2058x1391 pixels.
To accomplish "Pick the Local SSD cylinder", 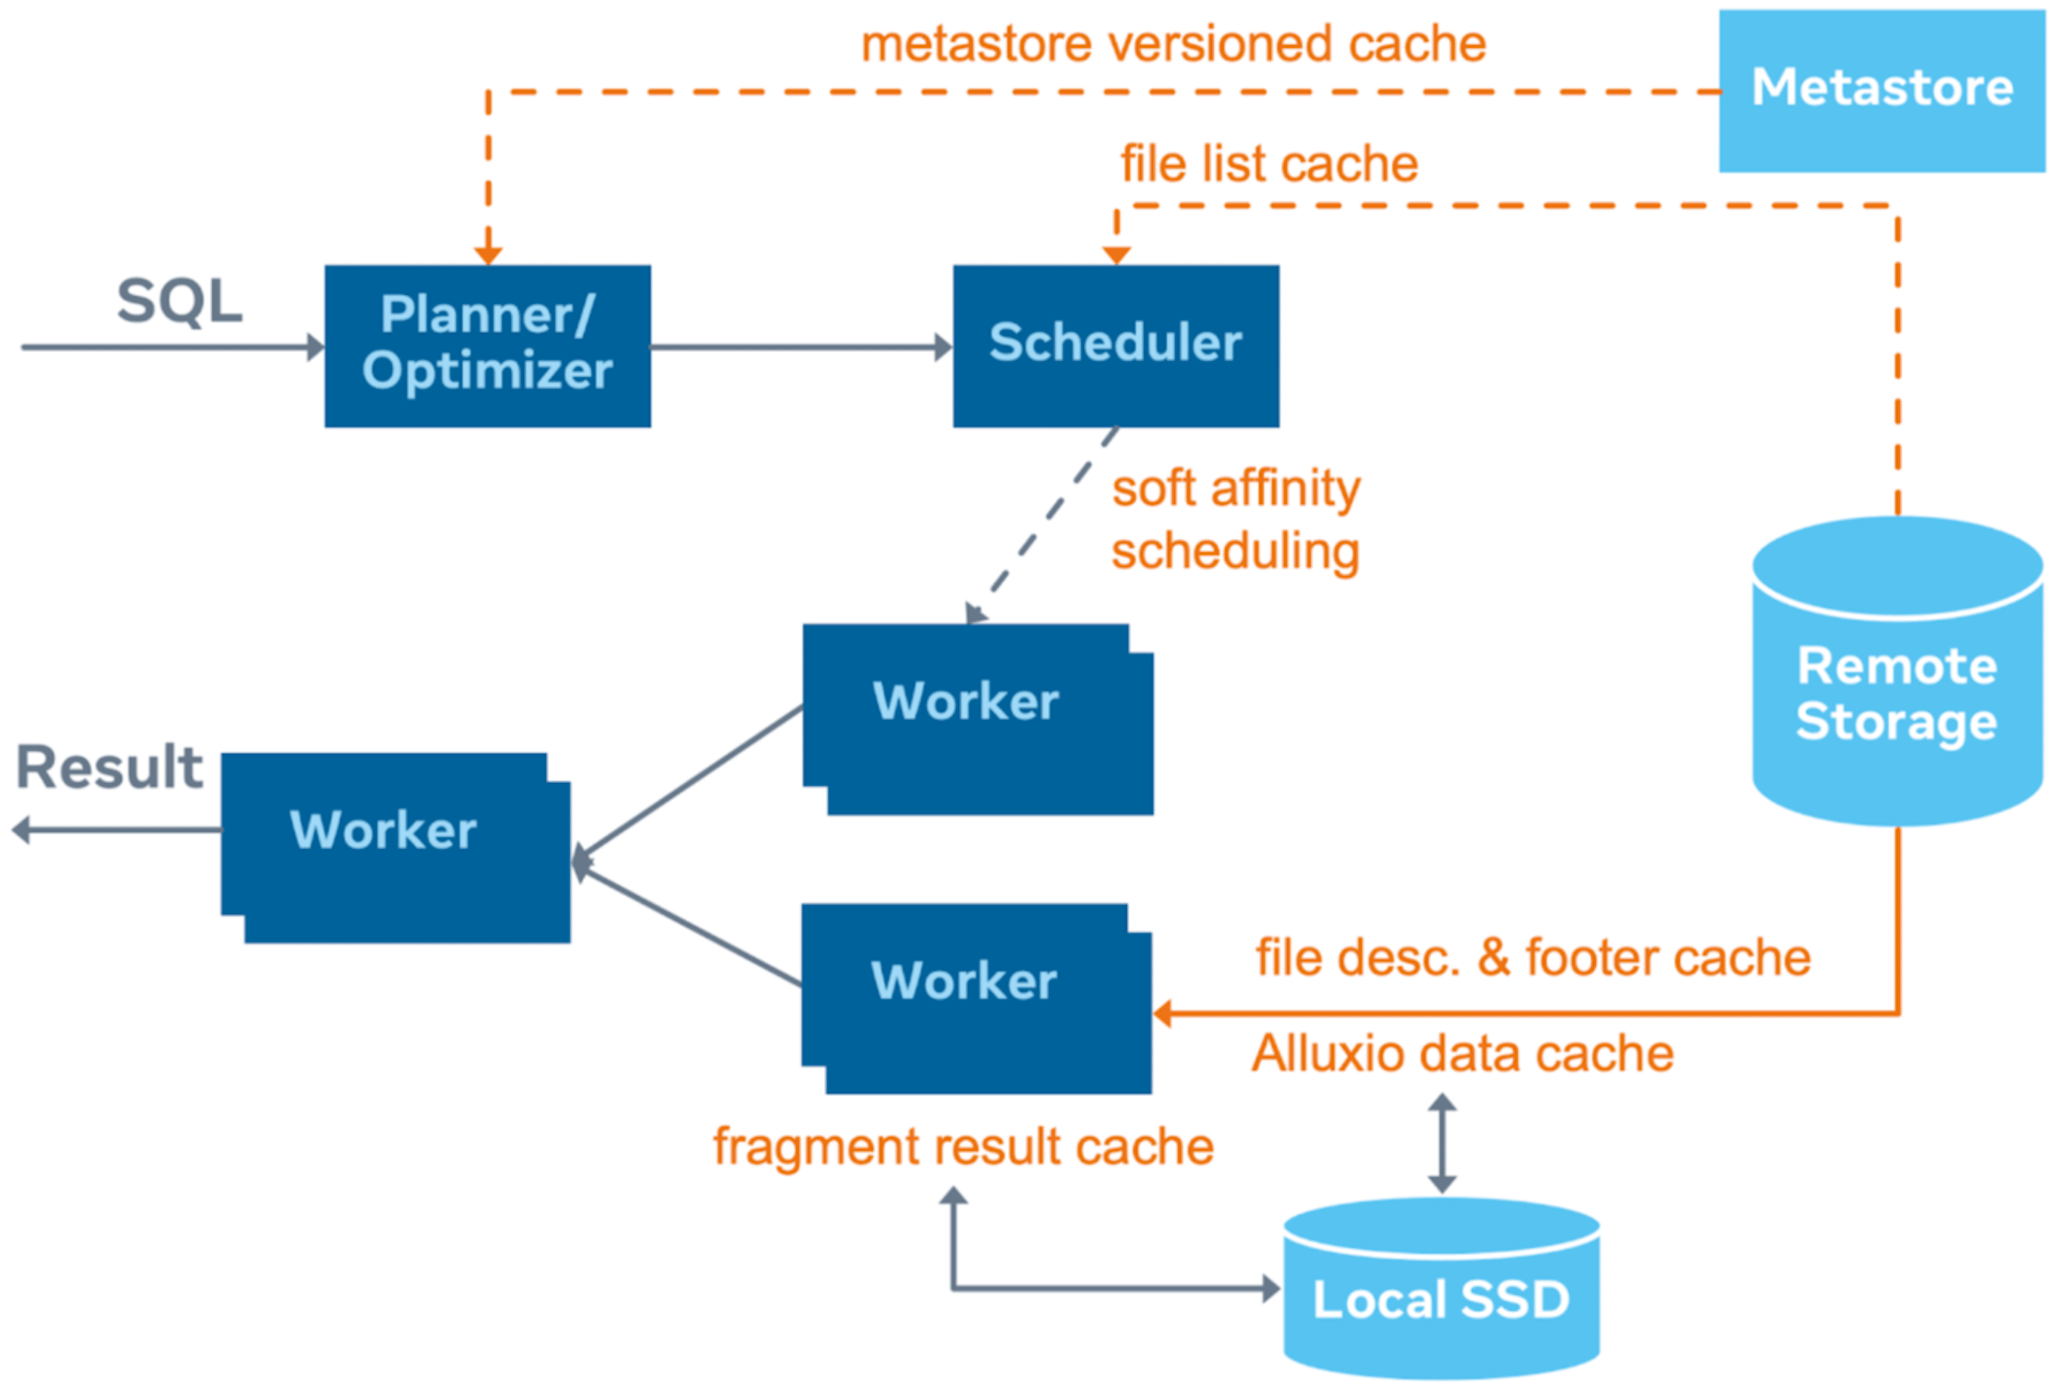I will click(1441, 1297).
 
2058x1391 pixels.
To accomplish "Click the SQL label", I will click(180, 302).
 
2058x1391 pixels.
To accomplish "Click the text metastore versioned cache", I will click(1173, 44).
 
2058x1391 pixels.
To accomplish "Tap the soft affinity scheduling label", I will click(1235, 520).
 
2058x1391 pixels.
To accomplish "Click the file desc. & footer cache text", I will click(1533, 958).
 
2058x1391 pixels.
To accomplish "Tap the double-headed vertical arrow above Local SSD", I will click(1442, 1143).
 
